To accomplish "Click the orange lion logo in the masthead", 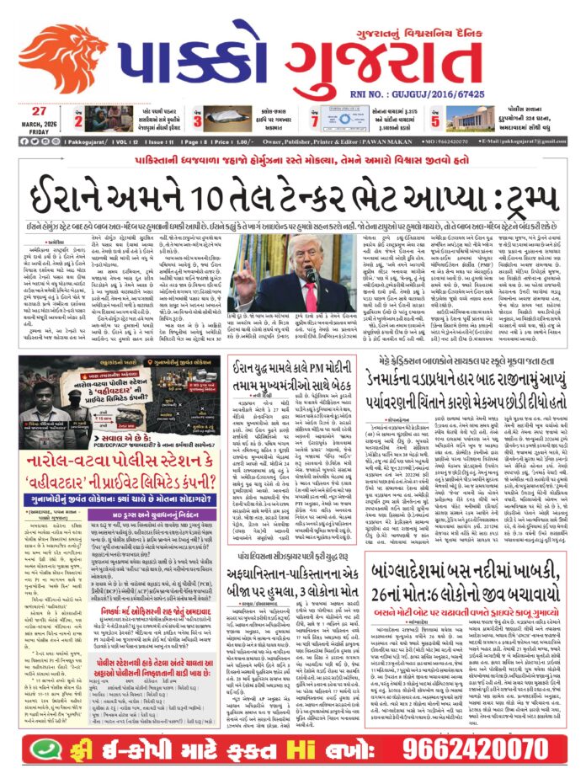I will click(63, 56).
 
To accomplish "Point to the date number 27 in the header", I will click(40, 110).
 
